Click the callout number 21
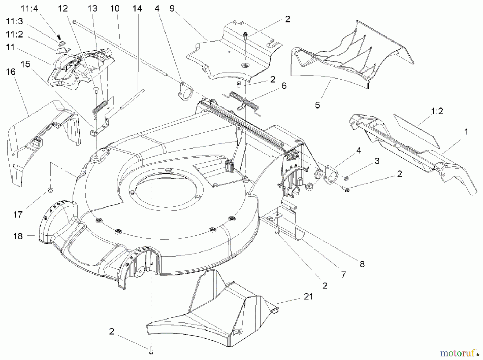308,296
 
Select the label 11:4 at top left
30,9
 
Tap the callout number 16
11,72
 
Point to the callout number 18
18,236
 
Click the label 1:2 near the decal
437,111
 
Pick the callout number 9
172,9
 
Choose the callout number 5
317,105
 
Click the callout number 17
18,215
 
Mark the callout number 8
362,264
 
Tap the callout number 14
137,9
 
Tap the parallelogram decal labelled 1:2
416,131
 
